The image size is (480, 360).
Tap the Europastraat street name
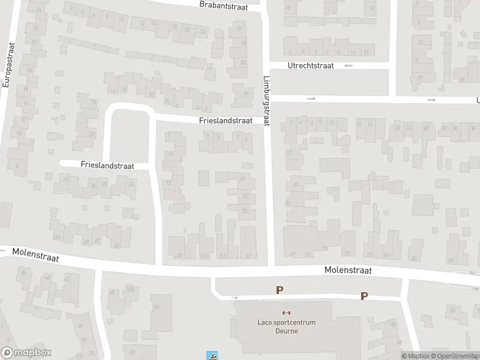click(7, 65)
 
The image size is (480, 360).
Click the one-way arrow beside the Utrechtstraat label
click(349, 65)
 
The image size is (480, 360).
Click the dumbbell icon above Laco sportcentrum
click(286, 313)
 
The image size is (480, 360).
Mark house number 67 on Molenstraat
click(248, 256)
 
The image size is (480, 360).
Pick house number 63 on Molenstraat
click(223, 256)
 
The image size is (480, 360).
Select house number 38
click(23, 272)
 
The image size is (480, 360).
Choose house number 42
click(46, 278)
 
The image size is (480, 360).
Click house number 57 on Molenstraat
click(179, 256)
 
